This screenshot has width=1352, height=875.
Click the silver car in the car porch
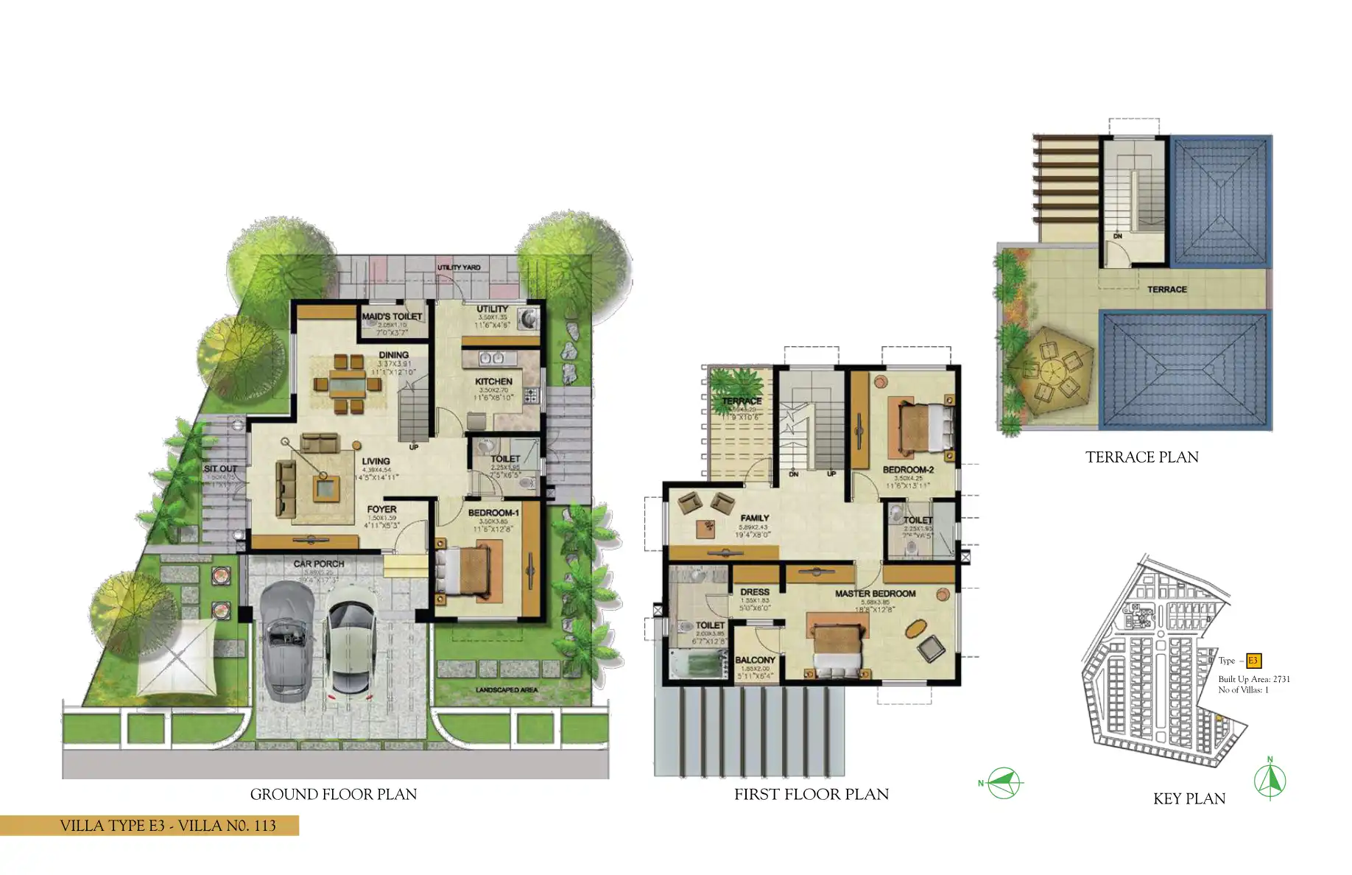[285, 639]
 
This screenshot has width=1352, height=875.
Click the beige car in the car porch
[351, 641]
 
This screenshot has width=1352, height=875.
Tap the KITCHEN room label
[493, 382]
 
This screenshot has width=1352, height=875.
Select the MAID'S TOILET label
[392, 317]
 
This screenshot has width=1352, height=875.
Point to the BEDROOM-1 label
[493, 513]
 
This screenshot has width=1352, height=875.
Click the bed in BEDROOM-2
[919, 427]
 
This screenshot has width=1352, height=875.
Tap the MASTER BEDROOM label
[875, 594]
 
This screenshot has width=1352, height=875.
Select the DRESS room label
[755, 592]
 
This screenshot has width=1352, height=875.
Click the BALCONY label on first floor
[755, 660]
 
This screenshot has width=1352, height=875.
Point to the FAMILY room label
[755, 518]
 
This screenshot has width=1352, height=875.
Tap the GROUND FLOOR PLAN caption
[334, 794]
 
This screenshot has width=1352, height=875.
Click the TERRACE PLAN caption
[1141, 457]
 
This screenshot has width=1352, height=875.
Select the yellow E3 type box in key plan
[1253, 661]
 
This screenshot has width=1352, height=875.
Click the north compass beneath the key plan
[1270, 781]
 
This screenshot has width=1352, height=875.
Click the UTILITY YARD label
[459, 267]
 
